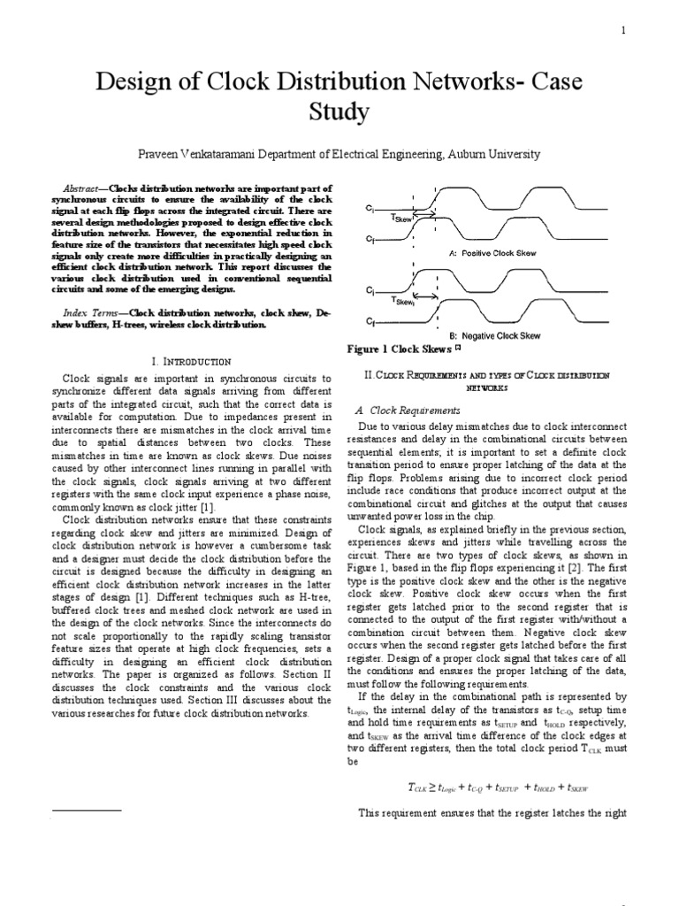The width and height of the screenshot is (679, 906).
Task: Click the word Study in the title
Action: pyautogui.click(x=339, y=113)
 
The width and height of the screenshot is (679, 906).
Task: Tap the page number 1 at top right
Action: pyautogui.click(x=623, y=31)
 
